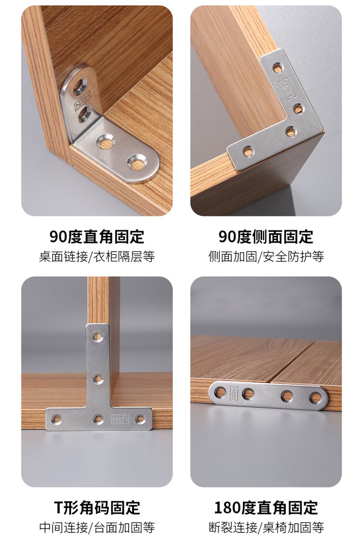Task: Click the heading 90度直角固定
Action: coord(96,236)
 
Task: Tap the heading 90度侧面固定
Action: coord(266,236)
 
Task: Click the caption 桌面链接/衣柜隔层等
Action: coord(96,257)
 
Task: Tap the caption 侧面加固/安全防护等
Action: coord(266,257)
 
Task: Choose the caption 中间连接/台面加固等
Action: coord(96,528)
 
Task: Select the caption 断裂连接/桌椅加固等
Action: coord(266,528)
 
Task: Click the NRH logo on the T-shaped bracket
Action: coord(120,419)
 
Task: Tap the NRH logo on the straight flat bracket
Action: coord(234,392)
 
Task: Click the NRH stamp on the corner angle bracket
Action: coord(83,100)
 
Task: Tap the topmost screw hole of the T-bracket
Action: coord(97,336)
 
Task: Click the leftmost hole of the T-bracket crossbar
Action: coord(55,419)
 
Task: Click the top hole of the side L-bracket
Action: coord(278,67)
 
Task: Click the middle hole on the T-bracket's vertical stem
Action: coord(98,379)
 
